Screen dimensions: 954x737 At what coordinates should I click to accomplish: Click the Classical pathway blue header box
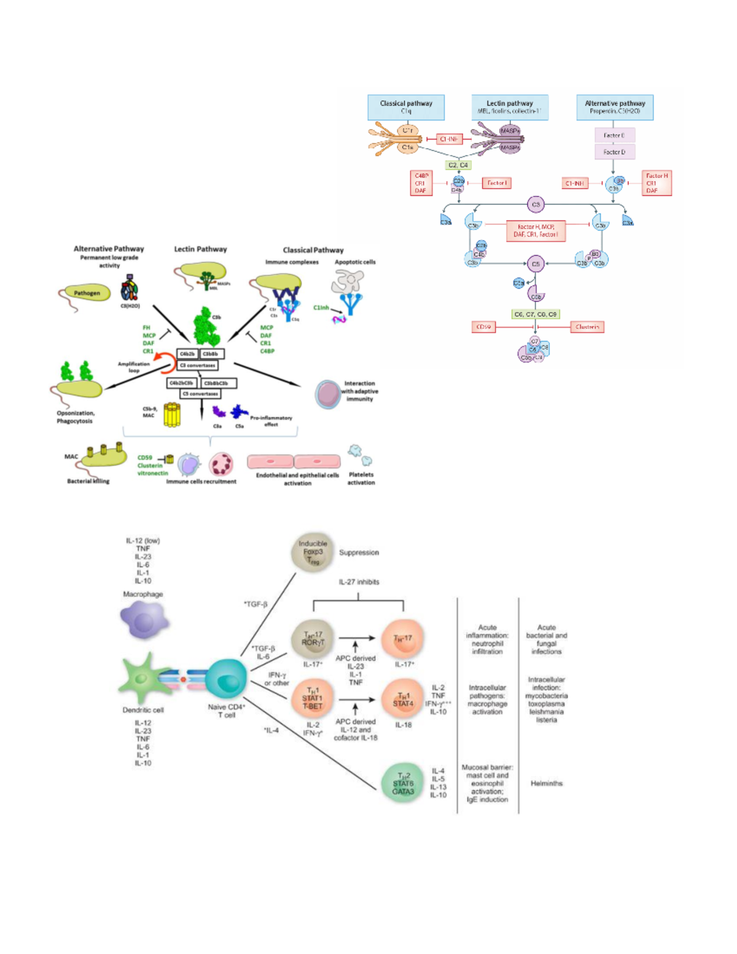pyautogui.click(x=406, y=107)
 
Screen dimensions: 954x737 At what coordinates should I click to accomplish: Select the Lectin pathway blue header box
pyautogui.click(x=510, y=107)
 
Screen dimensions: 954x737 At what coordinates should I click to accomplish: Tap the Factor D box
pyautogui.click(x=614, y=152)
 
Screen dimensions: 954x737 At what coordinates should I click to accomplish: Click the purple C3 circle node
pyautogui.click(x=536, y=205)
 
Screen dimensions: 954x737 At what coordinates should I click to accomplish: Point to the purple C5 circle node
pyautogui.click(x=536, y=264)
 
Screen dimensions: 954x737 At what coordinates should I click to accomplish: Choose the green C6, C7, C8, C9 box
pyautogui.click(x=536, y=314)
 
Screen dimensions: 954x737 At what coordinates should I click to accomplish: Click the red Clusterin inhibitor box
pyautogui.click(x=587, y=327)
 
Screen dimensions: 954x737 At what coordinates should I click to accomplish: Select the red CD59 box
pyautogui.click(x=484, y=327)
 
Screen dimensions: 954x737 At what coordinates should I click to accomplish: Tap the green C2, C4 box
pyautogui.click(x=458, y=165)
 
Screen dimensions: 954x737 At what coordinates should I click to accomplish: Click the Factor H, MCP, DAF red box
pyautogui.click(x=536, y=230)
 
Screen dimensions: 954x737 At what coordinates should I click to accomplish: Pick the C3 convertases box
pyautogui.click(x=198, y=365)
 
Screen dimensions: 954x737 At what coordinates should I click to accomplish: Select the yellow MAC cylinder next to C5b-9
pyautogui.click(x=172, y=415)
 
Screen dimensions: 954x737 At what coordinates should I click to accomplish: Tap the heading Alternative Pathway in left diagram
pyautogui.click(x=109, y=249)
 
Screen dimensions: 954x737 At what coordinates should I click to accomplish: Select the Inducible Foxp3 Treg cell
pyautogui.click(x=313, y=552)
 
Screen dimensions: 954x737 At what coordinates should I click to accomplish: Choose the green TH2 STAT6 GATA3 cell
pyautogui.click(x=403, y=783)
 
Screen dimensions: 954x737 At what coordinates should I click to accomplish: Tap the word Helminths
pyautogui.click(x=546, y=783)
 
